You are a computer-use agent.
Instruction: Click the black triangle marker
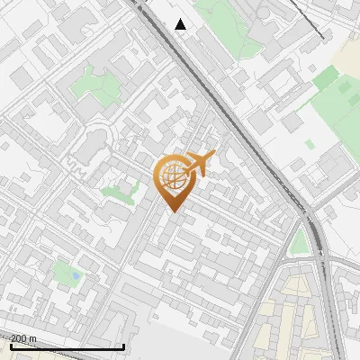pos(181,24)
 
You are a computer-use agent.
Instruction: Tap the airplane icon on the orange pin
pos(199,165)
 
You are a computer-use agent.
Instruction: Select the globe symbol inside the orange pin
pos(172,176)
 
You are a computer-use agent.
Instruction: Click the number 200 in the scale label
pos(19,338)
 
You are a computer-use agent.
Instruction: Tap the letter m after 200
pos(32,338)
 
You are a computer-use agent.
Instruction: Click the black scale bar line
pos(67,346)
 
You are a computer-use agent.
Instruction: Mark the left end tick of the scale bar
pos(11,346)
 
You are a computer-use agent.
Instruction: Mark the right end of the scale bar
pos(123,346)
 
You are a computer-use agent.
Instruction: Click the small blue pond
pos(75,274)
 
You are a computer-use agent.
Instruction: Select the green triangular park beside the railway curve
pos(300,241)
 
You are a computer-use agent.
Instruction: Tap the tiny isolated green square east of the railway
pos(310,143)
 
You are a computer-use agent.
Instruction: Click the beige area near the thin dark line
pos(346,54)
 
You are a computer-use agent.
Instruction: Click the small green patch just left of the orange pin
pos(117,191)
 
